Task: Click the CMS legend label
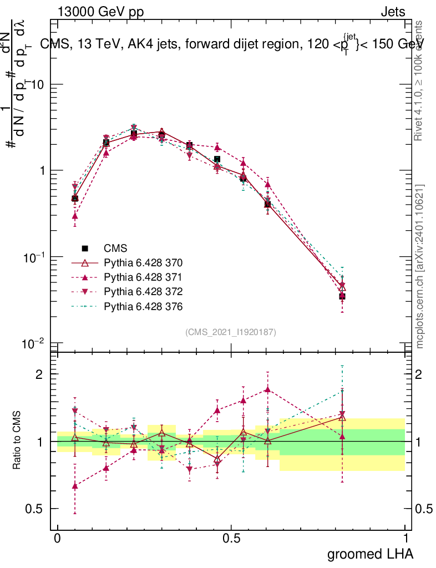pos(116,248)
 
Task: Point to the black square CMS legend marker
pos(85,248)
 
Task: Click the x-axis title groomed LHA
pos(370,554)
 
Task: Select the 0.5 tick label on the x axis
pos(231,539)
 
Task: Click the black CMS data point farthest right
pos(342,297)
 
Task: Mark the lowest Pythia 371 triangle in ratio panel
pos(75,486)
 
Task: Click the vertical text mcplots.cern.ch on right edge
pos(420,266)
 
